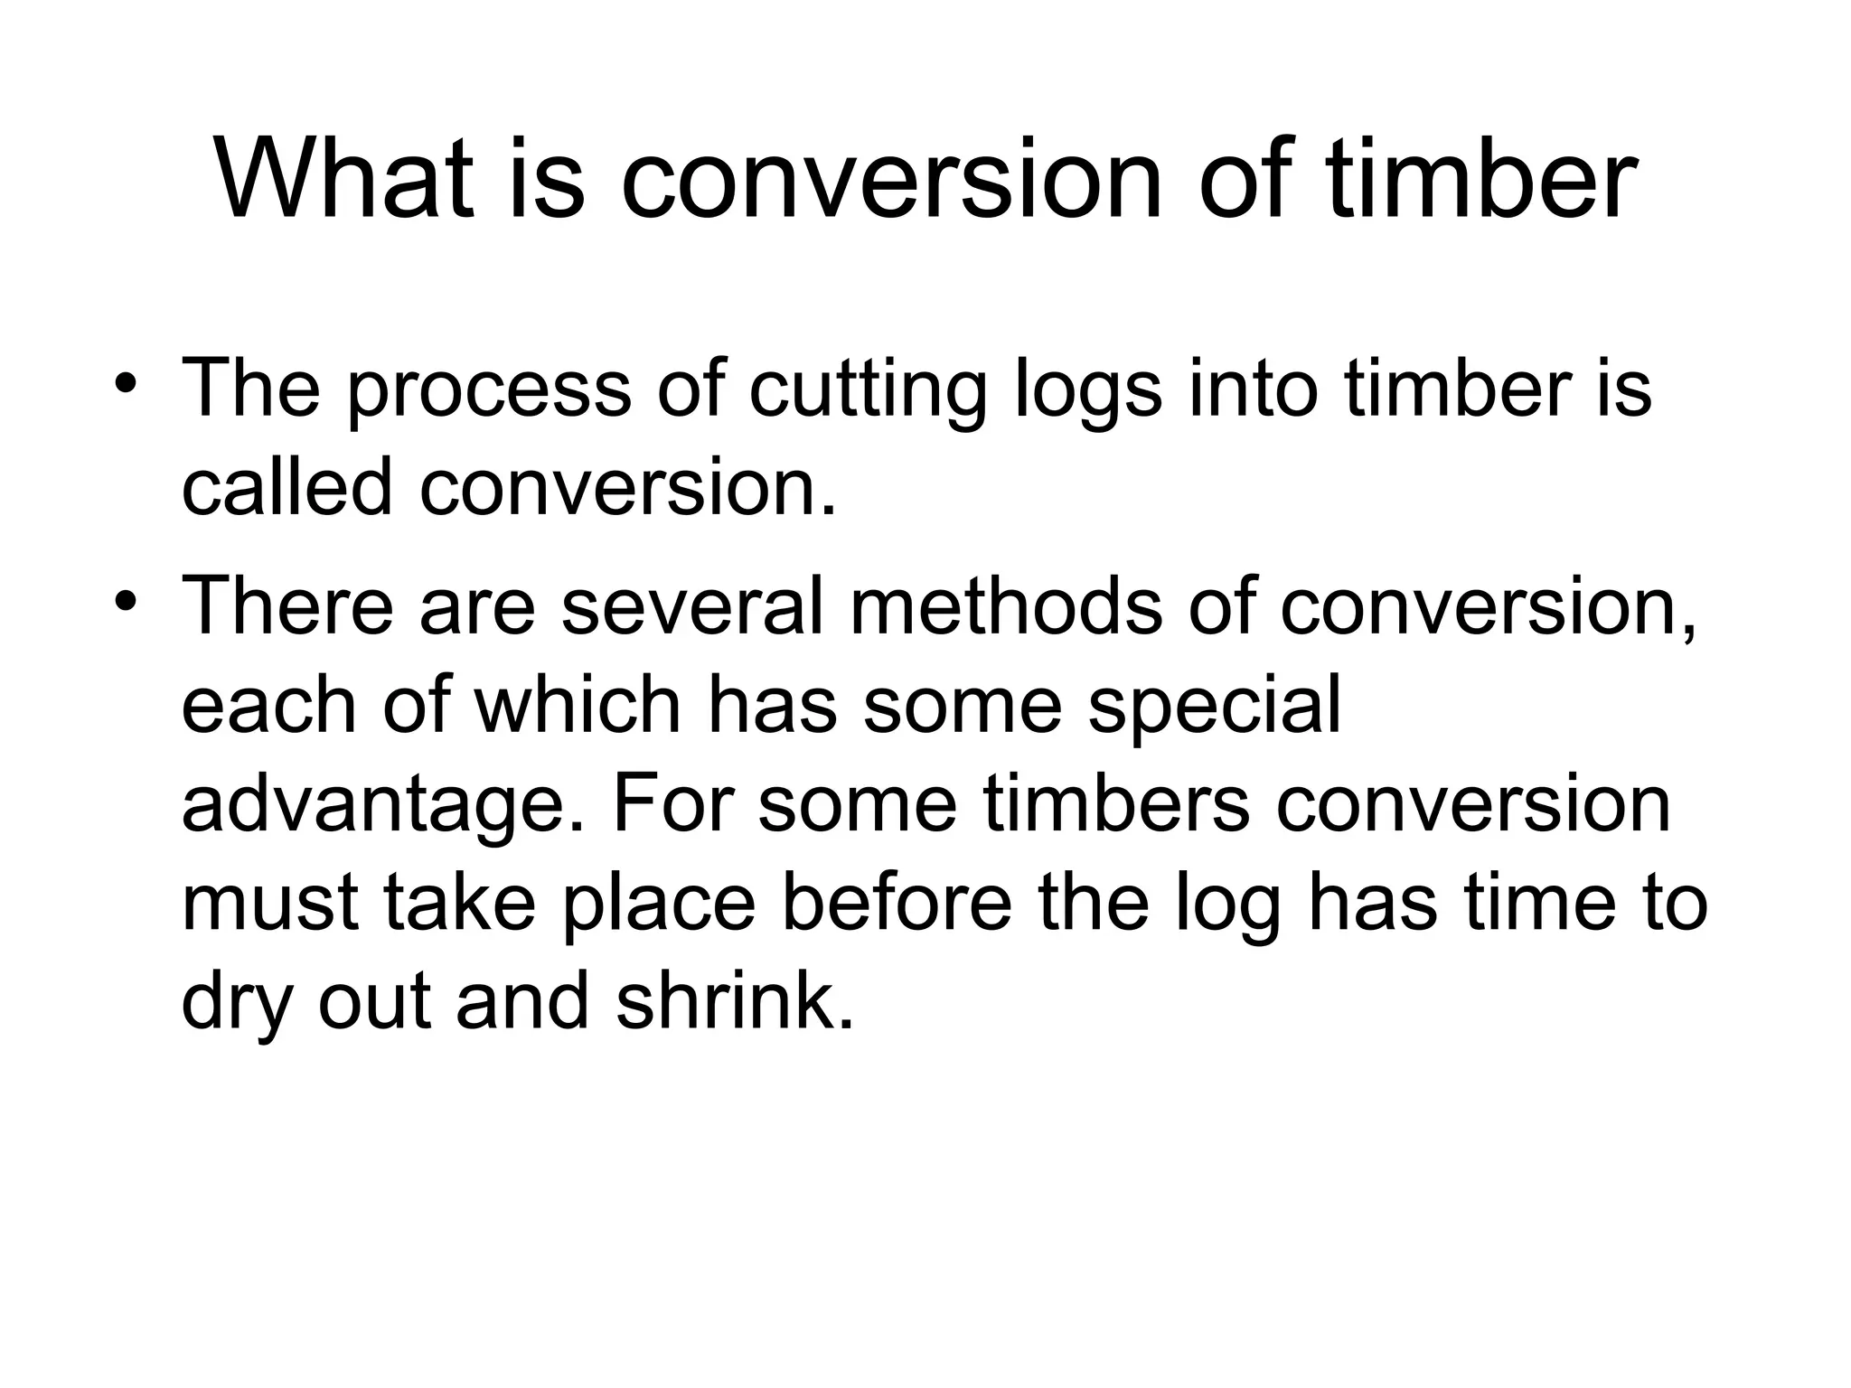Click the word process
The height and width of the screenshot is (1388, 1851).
pyautogui.click(x=489, y=390)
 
